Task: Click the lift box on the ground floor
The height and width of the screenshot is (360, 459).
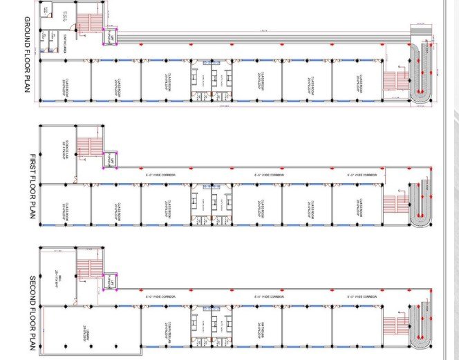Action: click(110, 37)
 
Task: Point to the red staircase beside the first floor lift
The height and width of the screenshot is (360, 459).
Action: click(88, 146)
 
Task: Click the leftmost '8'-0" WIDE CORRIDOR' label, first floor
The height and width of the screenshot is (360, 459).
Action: click(161, 176)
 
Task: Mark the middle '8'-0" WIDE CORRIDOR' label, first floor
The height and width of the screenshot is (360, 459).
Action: click(270, 176)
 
